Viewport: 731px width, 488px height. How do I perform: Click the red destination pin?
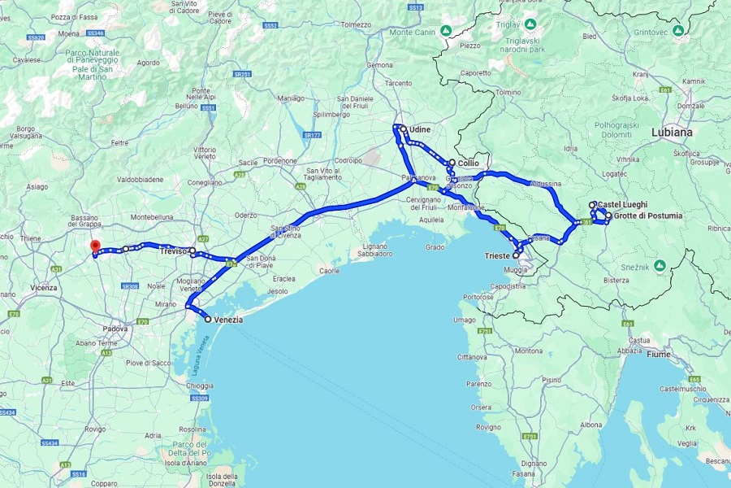94,246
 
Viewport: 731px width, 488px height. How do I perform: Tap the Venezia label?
228,320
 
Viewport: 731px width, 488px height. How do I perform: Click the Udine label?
420,129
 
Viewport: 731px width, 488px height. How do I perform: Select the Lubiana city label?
672,132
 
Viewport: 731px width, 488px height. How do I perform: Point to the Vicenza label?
44,287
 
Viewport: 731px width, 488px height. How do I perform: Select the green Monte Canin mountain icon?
446,32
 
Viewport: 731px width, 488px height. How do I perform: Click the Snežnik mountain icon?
660,265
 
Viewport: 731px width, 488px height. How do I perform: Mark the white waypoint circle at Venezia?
208,320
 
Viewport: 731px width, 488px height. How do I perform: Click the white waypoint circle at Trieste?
517,255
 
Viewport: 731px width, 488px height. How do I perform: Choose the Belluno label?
188,106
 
